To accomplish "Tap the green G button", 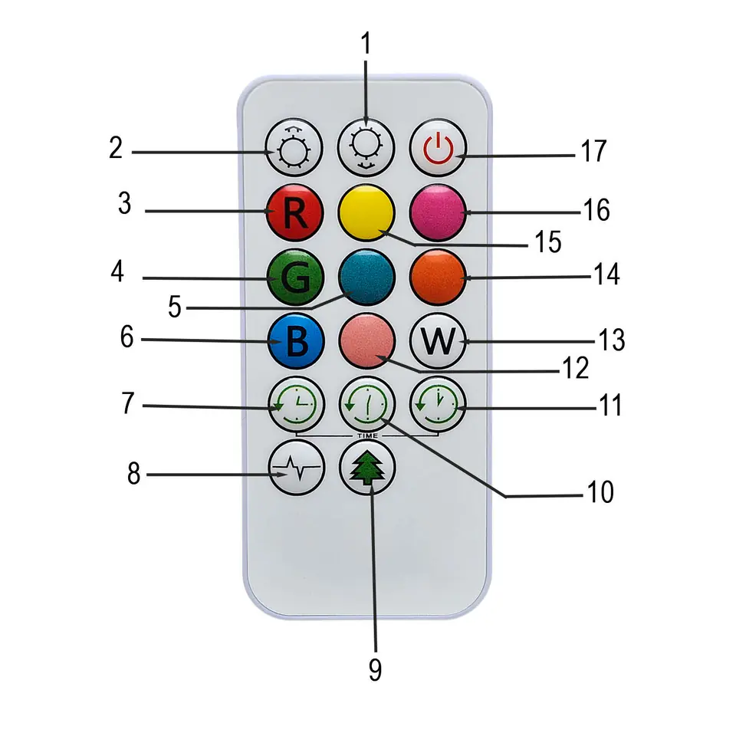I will pos(295,278).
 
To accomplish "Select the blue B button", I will pos(295,341).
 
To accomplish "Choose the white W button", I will pos(438,341).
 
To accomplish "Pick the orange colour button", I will pos(438,278).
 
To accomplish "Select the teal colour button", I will pos(366,278).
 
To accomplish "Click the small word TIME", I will pos(366,435).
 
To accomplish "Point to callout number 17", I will pos(593,151).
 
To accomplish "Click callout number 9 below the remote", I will pos(375,669).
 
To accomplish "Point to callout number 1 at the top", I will pos(366,44).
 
